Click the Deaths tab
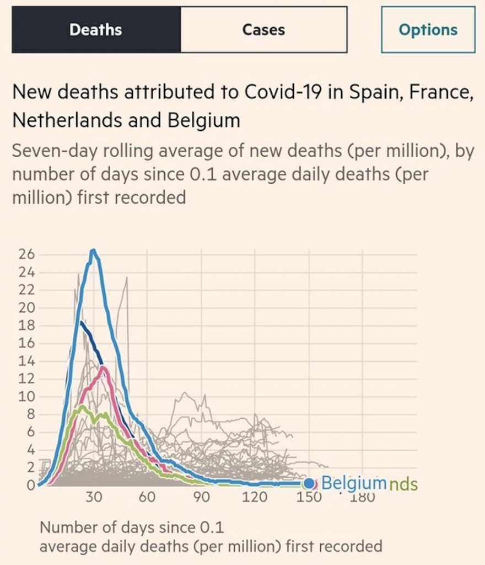[96, 30]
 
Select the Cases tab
[263, 30]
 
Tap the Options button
[428, 30]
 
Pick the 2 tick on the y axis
[30, 468]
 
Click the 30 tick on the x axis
[94, 497]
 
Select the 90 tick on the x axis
[201, 497]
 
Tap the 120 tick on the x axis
[255, 497]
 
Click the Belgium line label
[353, 483]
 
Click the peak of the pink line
[103, 367]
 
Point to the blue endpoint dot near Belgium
[309, 484]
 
